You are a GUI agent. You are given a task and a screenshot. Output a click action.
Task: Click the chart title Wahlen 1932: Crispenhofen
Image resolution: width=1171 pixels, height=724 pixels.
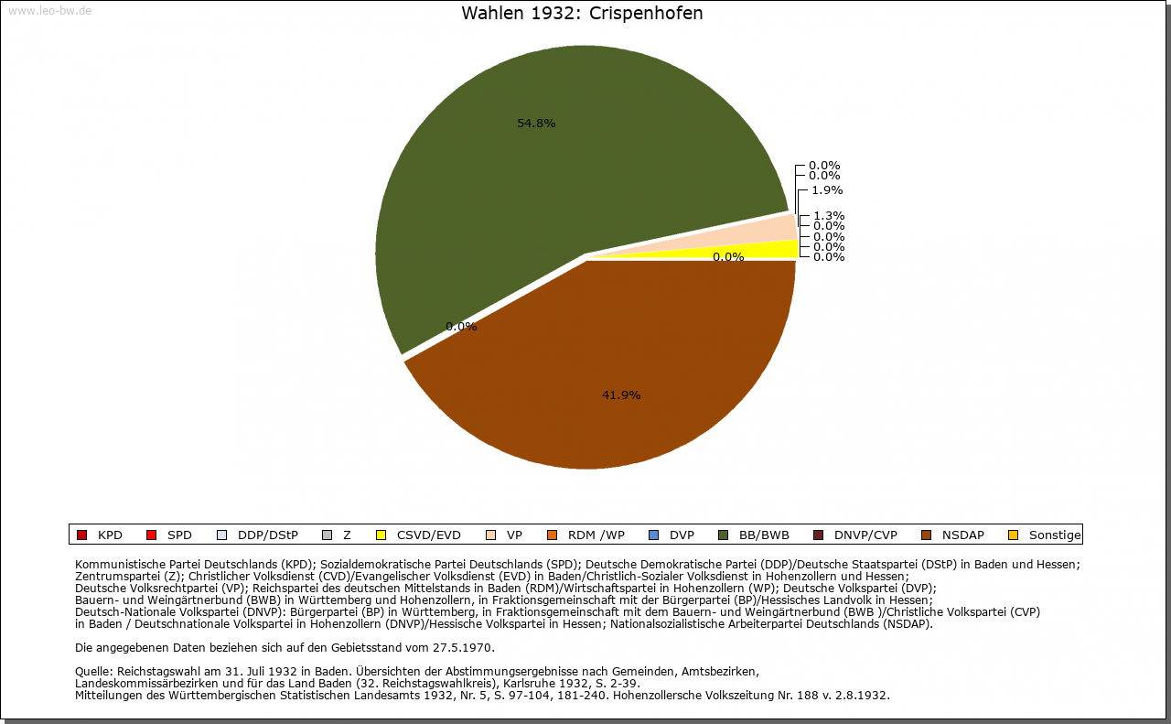[582, 14]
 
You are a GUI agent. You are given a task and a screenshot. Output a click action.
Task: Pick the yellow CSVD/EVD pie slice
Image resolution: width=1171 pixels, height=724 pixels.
[778, 249]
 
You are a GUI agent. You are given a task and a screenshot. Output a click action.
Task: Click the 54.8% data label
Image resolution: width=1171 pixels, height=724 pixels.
[536, 124]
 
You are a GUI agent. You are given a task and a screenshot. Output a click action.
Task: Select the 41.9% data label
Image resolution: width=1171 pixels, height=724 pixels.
[620, 395]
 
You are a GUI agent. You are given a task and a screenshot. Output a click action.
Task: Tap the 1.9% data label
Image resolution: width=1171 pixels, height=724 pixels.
[826, 190]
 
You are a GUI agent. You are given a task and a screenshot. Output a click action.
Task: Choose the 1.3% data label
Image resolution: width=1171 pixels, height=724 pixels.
[828, 216]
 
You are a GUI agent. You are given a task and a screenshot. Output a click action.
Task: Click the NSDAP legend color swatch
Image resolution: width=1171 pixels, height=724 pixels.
[926, 535]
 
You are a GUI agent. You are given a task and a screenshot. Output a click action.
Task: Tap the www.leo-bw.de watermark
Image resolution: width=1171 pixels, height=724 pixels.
[49, 11]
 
